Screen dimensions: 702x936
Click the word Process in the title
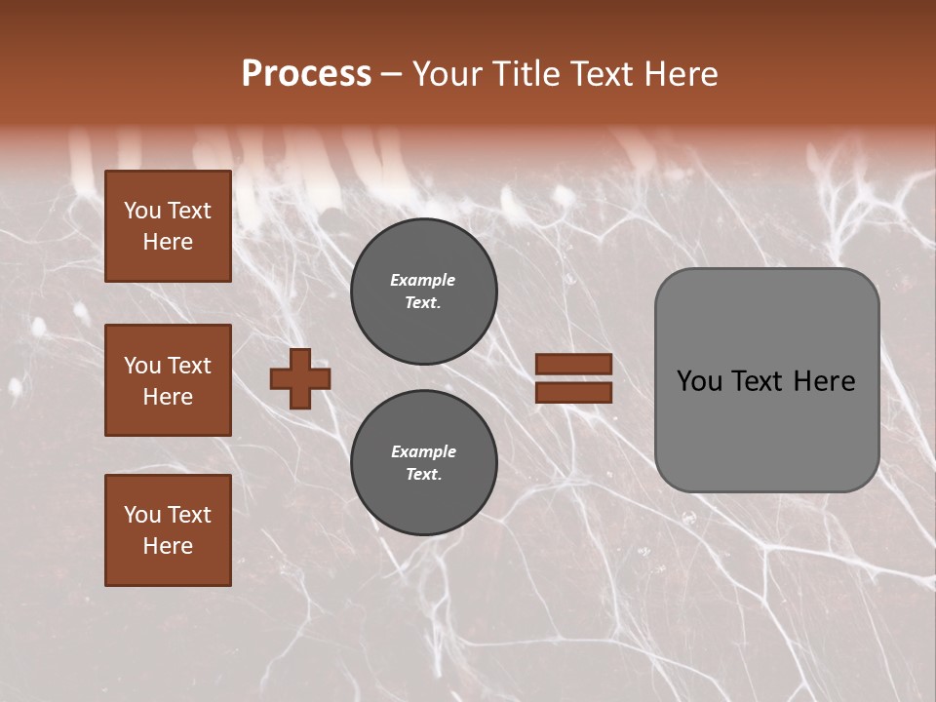[x=306, y=74]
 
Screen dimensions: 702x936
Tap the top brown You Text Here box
[x=168, y=226]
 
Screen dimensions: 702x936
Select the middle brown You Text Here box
[x=168, y=380]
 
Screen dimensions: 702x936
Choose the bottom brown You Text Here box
[x=168, y=530]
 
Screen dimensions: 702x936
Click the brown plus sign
[x=300, y=378]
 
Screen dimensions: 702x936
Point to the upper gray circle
[x=424, y=292]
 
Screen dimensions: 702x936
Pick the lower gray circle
[x=424, y=463]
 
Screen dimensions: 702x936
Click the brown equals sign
[x=573, y=378]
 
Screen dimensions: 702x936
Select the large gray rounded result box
[x=766, y=380]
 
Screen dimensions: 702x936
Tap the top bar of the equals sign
[x=573, y=364]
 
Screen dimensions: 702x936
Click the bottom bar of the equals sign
[x=573, y=393]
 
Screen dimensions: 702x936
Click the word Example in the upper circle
[x=423, y=280]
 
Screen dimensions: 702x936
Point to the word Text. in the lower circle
[x=423, y=475]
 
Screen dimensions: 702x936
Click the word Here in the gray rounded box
[x=825, y=381]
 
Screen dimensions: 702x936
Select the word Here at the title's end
[x=680, y=74]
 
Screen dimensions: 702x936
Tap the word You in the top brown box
[x=142, y=211]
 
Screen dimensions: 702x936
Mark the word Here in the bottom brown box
[x=168, y=546]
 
